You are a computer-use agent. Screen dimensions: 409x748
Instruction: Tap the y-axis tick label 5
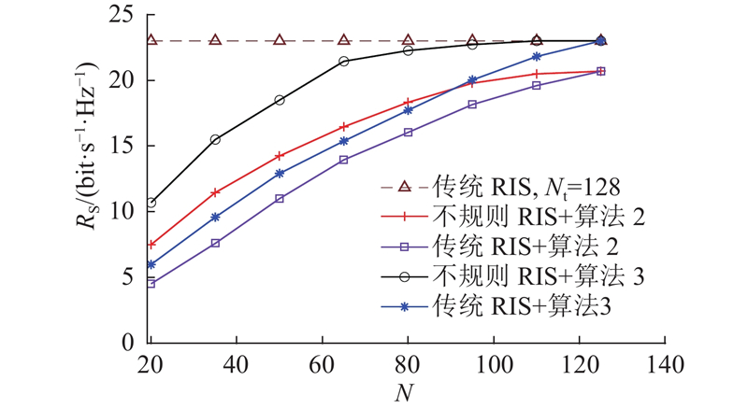pyautogui.click(x=132, y=276)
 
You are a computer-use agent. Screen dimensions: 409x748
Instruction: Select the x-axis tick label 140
pyautogui.click(x=665, y=362)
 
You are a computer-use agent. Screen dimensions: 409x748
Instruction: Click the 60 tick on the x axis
pyautogui.click(x=322, y=362)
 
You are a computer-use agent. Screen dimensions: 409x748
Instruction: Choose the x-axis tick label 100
pyautogui.click(x=493, y=362)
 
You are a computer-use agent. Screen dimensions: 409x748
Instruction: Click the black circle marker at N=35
pyautogui.click(x=215, y=139)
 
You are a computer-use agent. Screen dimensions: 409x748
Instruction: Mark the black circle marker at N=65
pyautogui.click(x=343, y=62)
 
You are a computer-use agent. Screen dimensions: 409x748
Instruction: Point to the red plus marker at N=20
pyautogui.click(x=151, y=244)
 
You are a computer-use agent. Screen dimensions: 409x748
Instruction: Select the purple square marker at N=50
pyautogui.click(x=279, y=199)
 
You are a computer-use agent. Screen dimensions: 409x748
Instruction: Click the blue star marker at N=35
pyautogui.click(x=215, y=217)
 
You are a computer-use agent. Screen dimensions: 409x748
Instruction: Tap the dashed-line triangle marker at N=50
pyautogui.click(x=279, y=40)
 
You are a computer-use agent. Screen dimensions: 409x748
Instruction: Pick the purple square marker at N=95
pyautogui.click(x=471, y=105)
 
